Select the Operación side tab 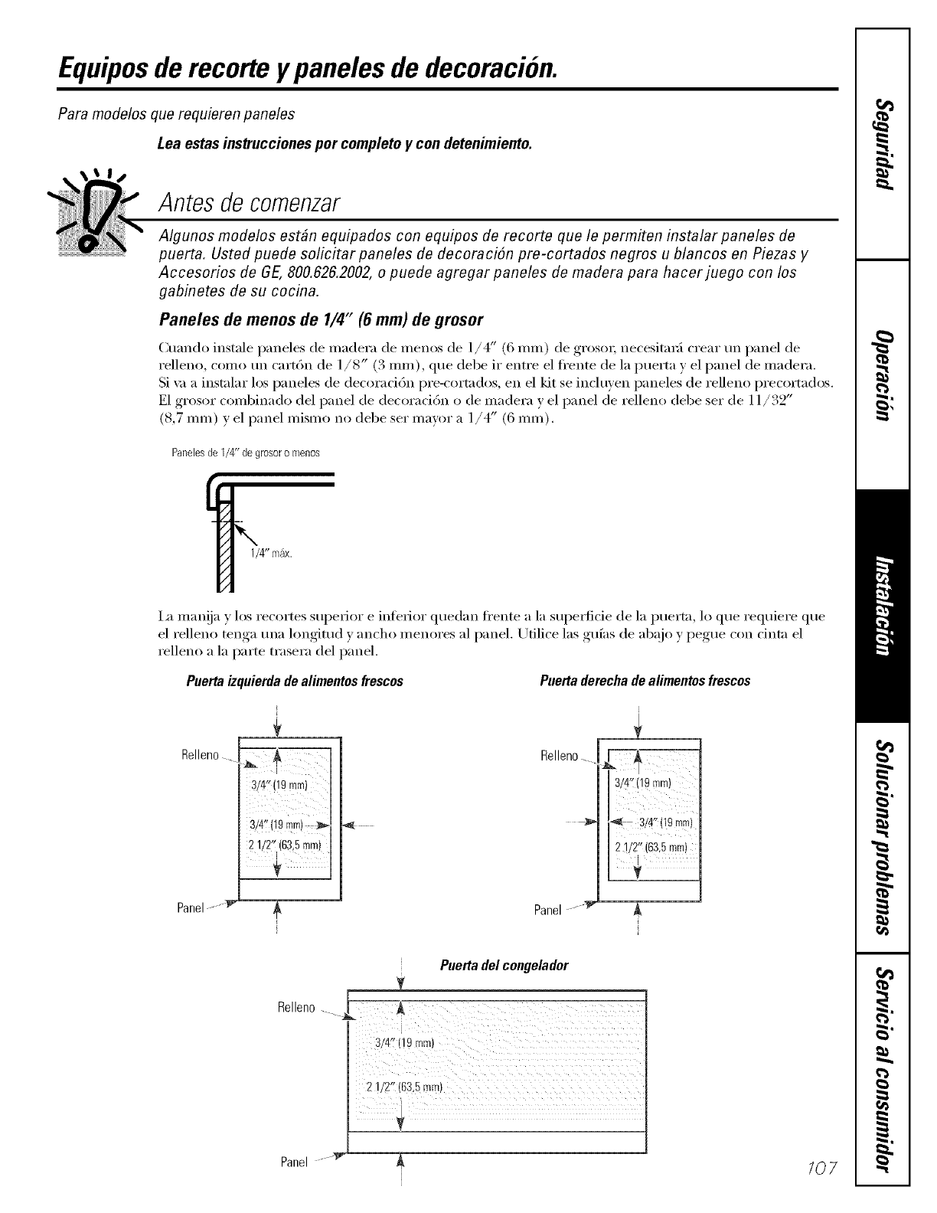pos(883,375)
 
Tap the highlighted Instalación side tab pos(883,605)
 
